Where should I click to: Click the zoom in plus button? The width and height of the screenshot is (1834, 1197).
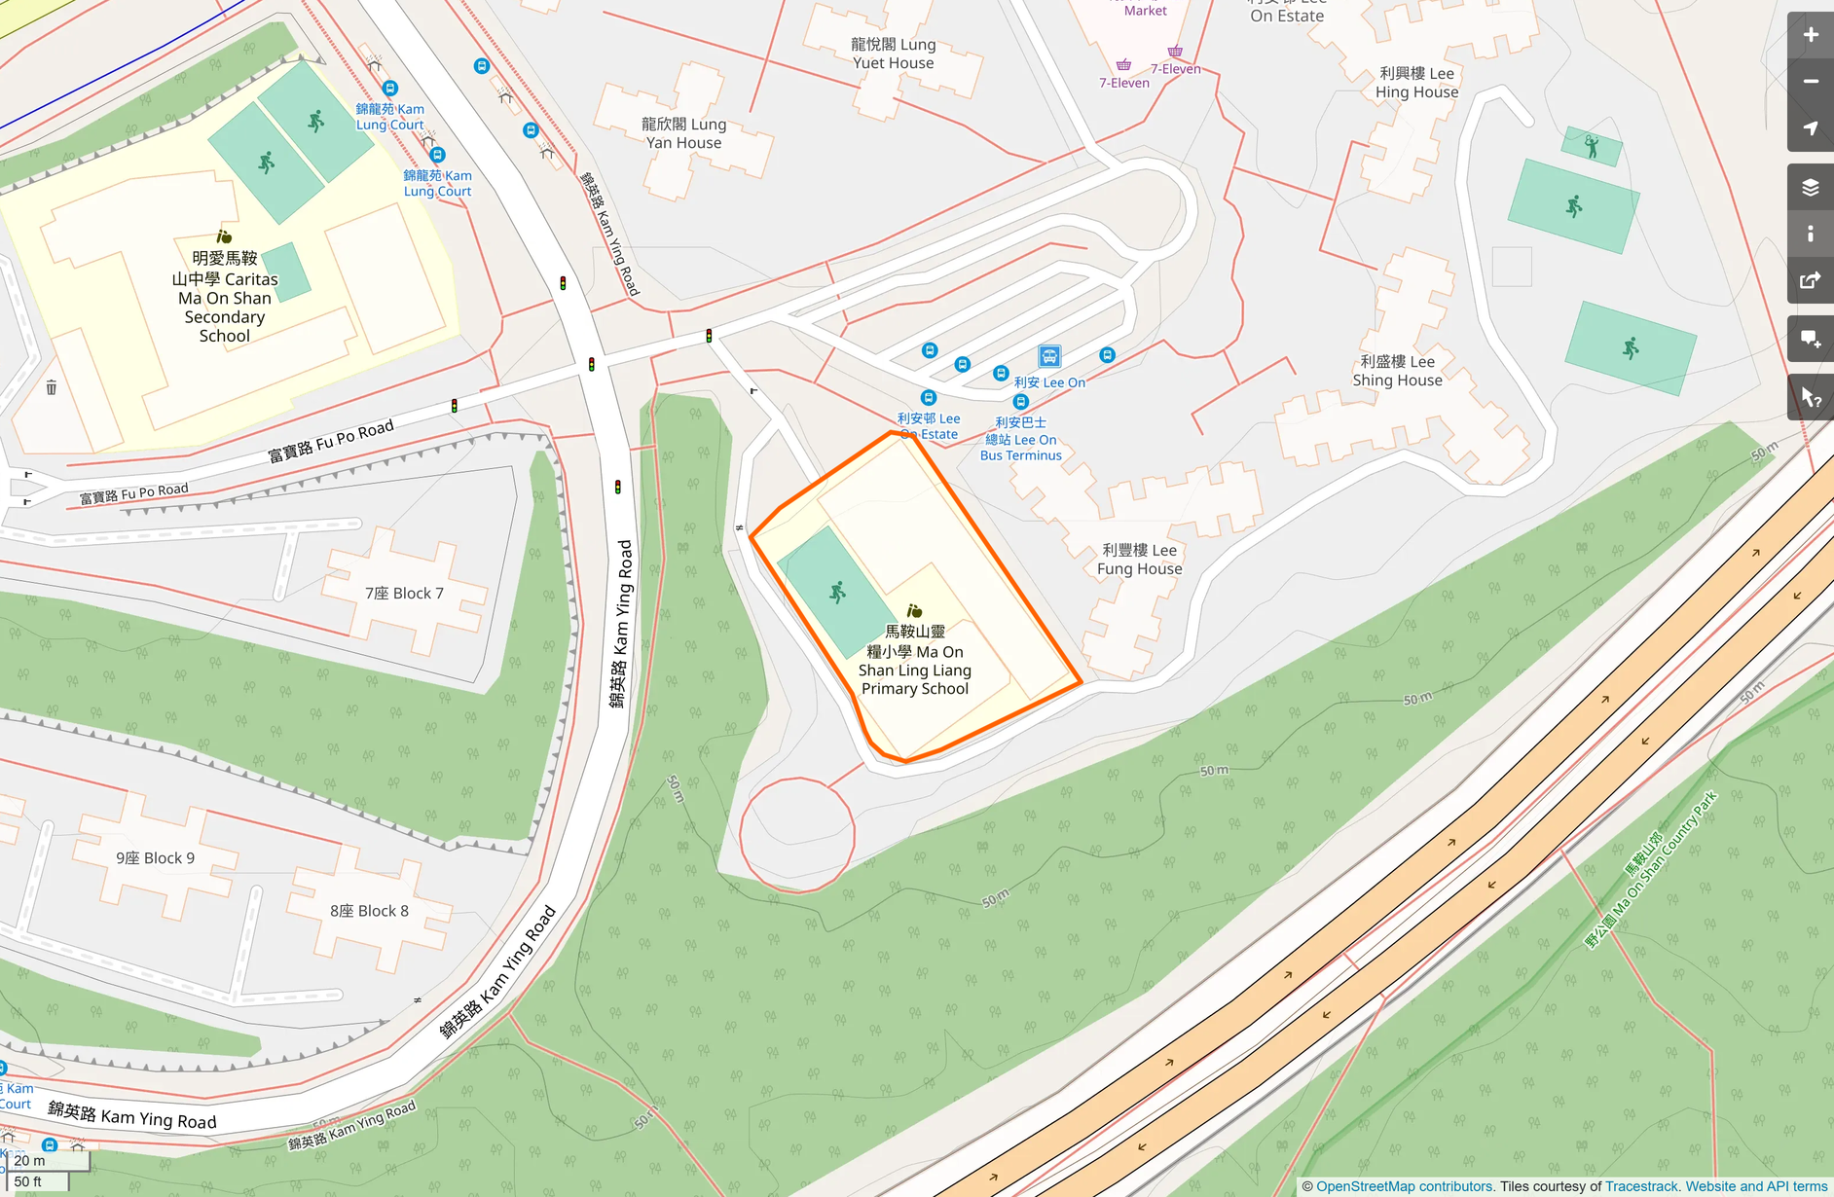point(1810,35)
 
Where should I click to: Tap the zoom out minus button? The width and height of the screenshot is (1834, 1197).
point(1810,82)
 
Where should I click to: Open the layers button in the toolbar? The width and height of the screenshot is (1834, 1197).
point(1810,187)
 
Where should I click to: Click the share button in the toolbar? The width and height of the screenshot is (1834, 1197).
point(1810,281)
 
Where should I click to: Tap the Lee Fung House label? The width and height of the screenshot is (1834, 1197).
point(1139,560)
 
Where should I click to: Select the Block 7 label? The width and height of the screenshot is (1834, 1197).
point(404,594)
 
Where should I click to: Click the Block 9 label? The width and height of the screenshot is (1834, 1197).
point(155,858)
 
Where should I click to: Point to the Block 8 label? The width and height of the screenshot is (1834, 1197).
point(369,911)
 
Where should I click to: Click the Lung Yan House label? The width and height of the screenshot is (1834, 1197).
point(683,133)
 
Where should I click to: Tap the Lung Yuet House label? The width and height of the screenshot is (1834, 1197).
point(893,54)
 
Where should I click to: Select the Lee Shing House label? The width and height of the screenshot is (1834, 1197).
point(1397,371)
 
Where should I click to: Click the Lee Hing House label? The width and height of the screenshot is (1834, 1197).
point(1416,83)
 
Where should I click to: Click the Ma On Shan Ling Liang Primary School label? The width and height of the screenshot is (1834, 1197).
point(915,660)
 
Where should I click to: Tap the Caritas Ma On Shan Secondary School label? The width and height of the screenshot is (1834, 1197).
point(225,297)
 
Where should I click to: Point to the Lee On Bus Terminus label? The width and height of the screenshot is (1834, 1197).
point(1020,439)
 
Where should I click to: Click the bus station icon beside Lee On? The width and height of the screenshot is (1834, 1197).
point(1048,356)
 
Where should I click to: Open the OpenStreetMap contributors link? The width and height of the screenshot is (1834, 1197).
point(1404,1186)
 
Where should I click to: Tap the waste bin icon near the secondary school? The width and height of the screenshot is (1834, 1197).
point(52,388)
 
